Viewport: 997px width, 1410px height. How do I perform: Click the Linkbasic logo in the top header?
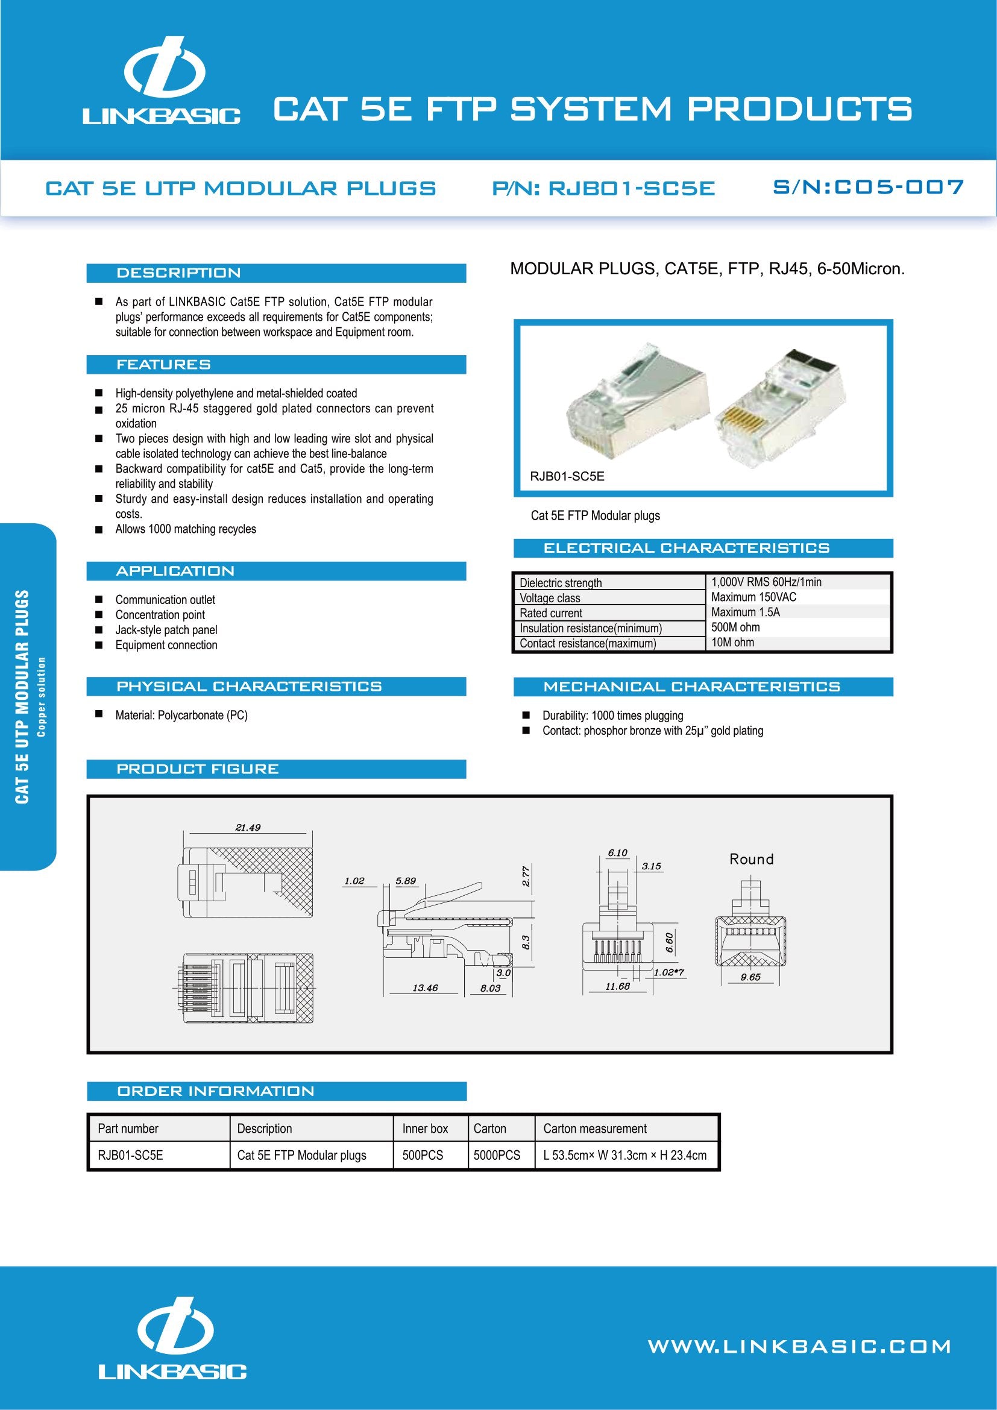click(162, 81)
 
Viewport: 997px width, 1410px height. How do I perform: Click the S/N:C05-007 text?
click(868, 187)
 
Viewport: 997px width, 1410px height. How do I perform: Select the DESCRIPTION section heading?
click(178, 273)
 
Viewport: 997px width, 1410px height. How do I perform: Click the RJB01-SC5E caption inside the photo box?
click(567, 477)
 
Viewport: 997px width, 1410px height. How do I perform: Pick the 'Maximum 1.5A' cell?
click(745, 612)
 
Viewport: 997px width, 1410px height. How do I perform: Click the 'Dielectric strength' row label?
click(561, 583)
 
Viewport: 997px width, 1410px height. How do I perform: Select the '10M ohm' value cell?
click(732, 643)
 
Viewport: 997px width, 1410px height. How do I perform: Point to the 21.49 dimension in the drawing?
click(247, 827)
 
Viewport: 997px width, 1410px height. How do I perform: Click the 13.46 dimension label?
click(425, 987)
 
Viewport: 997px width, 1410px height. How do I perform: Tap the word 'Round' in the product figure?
click(752, 859)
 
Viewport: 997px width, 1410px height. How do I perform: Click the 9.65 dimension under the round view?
click(750, 977)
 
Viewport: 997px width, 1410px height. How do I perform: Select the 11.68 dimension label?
click(617, 986)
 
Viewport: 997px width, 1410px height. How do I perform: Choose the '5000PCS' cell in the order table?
click(497, 1155)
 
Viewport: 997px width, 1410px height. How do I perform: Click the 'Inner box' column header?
click(425, 1128)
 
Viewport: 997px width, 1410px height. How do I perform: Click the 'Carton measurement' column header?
click(594, 1128)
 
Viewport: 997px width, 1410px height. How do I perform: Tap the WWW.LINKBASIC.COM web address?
click(799, 1347)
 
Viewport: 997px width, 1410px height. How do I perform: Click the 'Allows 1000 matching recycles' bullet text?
click(186, 529)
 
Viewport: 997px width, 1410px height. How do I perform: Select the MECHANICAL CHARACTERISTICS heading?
click(691, 687)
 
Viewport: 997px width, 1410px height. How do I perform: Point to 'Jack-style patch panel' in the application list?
click(166, 629)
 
